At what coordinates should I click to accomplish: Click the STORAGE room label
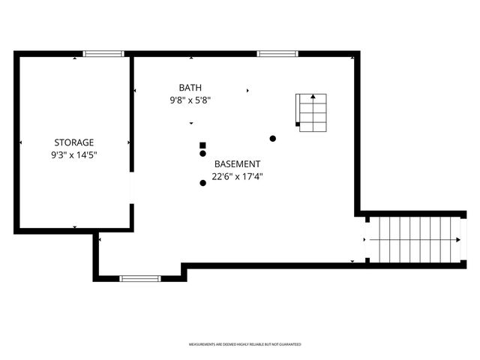click(x=73, y=142)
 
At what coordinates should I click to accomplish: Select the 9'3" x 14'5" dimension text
click(x=73, y=155)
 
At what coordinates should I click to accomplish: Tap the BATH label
click(x=190, y=87)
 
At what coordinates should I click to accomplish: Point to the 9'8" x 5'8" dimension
click(x=190, y=100)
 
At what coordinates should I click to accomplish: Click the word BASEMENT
click(x=237, y=163)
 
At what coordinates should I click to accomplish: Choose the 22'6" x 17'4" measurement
click(x=237, y=177)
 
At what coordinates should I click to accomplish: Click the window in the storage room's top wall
click(x=103, y=54)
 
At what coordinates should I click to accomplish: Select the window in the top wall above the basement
click(x=277, y=54)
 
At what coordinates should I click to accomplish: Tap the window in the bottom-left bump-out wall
click(x=140, y=278)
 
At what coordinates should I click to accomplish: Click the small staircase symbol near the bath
click(x=312, y=113)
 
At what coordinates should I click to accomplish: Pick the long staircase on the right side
click(x=414, y=239)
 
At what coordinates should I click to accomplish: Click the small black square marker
click(x=202, y=145)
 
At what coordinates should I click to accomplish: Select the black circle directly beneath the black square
click(x=202, y=154)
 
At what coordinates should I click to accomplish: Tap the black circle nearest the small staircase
click(x=273, y=138)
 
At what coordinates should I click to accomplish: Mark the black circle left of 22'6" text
click(x=202, y=182)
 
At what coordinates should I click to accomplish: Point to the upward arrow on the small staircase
click(x=313, y=97)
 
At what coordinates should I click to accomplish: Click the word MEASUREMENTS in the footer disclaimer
click(x=202, y=344)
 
